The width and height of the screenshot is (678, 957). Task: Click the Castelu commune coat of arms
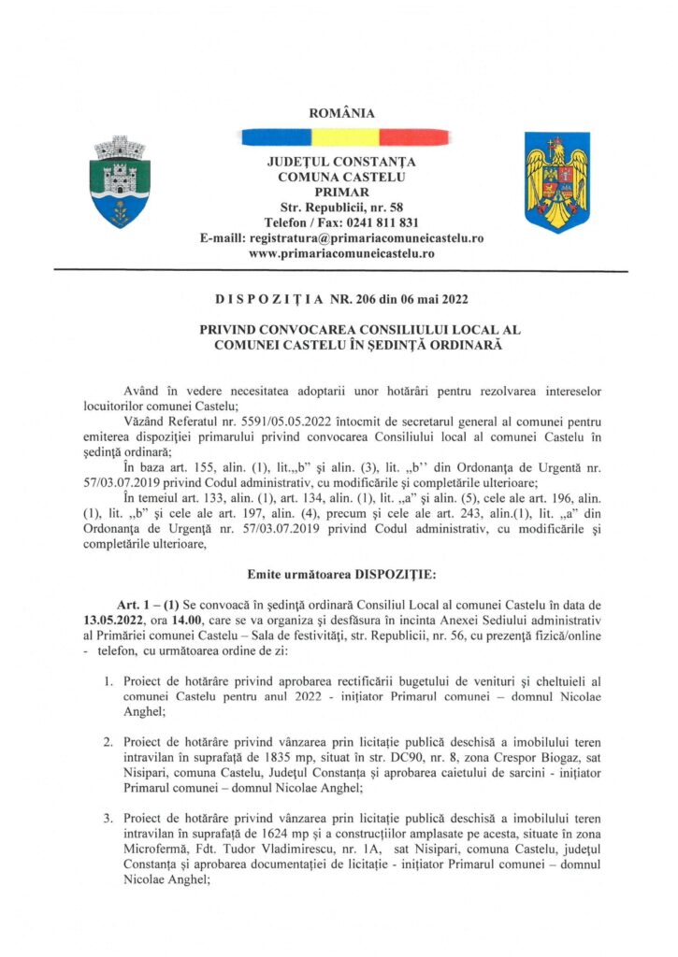point(119,181)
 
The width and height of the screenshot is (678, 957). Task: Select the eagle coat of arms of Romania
point(556,182)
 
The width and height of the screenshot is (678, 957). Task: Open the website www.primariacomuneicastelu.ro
point(340,253)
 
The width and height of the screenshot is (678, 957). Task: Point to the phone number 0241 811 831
point(382,222)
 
